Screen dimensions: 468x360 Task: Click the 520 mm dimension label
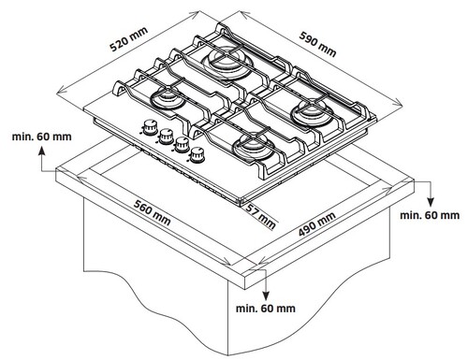tap(128, 39)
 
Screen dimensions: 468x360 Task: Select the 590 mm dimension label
tap(317, 44)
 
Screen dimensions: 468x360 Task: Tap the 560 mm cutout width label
tap(152, 212)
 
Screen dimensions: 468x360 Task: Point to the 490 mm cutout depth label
tap(317, 223)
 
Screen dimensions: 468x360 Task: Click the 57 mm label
tap(261, 216)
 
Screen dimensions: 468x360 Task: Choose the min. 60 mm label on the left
tap(42, 137)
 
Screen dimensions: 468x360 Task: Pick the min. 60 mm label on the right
tap(430, 215)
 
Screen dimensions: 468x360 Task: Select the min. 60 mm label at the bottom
tap(266, 309)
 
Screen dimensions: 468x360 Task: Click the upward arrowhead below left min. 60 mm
tap(41, 151)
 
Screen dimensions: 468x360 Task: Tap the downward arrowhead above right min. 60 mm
tap(431, 202)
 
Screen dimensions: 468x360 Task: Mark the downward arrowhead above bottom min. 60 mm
tap(266, 295)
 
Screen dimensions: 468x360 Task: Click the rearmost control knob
tap(150, 127)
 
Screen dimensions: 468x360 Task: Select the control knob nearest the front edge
tap(197, 155)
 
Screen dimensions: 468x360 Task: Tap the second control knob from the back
tap(166, 137)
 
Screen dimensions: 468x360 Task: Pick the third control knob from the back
tap(182, 145)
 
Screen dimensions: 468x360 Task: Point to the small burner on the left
tap(167, 98)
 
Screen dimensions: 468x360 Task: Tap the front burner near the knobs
tap(253, 147)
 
